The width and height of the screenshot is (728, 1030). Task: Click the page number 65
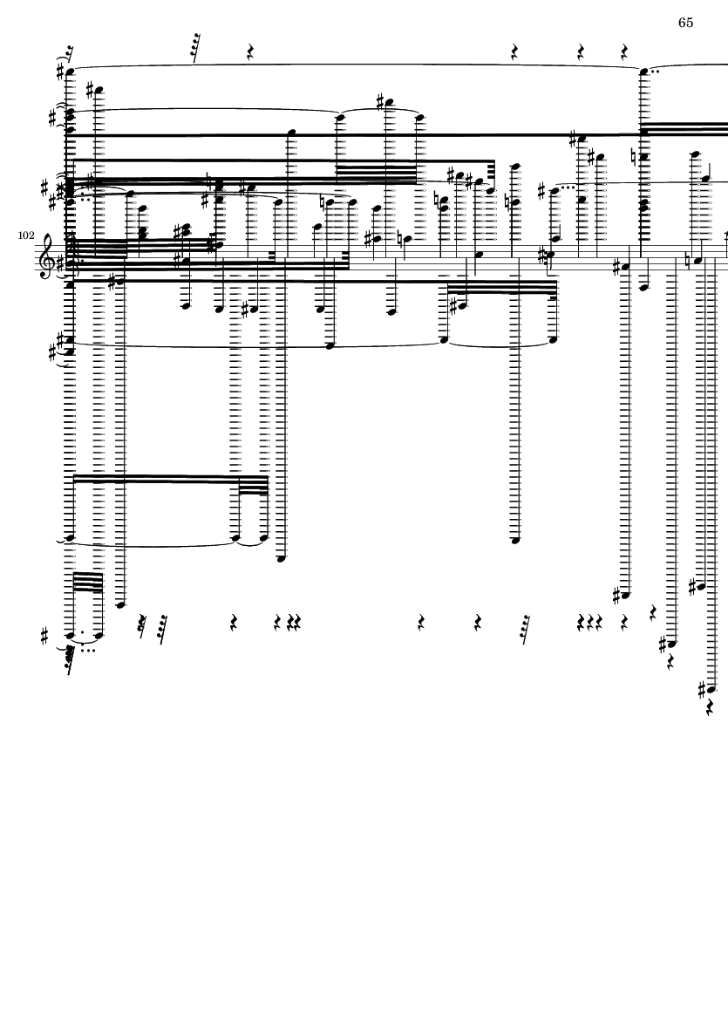(x=685, y=23)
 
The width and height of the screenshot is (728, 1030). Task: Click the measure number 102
(x=26, y=235)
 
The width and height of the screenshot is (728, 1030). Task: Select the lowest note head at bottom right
(x=711, y=690)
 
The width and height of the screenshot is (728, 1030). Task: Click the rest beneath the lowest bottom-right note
(x=710, y=706)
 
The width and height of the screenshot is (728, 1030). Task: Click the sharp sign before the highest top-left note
(x=61, y=72)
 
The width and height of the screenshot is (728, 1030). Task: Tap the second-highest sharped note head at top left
(x=99, y=91)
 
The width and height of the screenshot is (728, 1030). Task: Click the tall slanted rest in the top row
(x=195, y=48)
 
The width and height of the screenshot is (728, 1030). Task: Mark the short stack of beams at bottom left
(x=87, y=582)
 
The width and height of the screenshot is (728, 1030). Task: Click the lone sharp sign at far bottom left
(x=44, y=636)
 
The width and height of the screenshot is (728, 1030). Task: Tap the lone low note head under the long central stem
(x=515, y=541)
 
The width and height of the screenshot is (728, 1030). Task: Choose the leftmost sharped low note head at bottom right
(x=625, y=596)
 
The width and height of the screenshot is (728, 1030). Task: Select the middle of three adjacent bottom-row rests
(x=589, y=622)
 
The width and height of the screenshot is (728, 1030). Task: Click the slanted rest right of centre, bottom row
(x=525, y=630)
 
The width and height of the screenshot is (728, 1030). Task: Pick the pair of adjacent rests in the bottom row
(x=294, y=622)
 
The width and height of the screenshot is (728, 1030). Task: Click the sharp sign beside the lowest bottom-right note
(x=703, y=690)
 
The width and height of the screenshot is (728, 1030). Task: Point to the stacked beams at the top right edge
(x=685, y=128)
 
